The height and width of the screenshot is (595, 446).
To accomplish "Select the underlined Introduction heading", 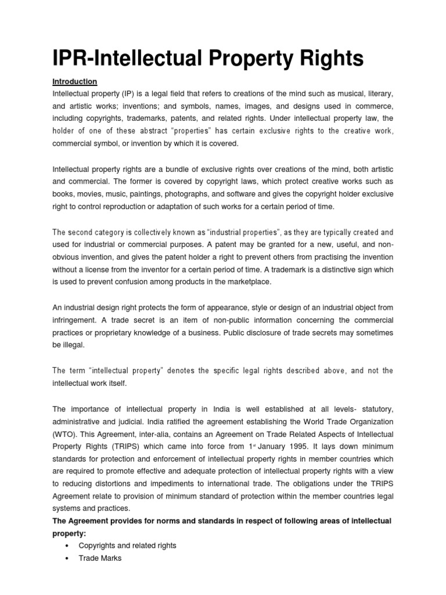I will pyautogui.click(x=75, y=81).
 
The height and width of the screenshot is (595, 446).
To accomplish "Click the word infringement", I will pyautogui.click(x=74, y=320).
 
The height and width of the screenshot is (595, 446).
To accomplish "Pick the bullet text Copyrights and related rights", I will pyautogui.click(x=127, y=546).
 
